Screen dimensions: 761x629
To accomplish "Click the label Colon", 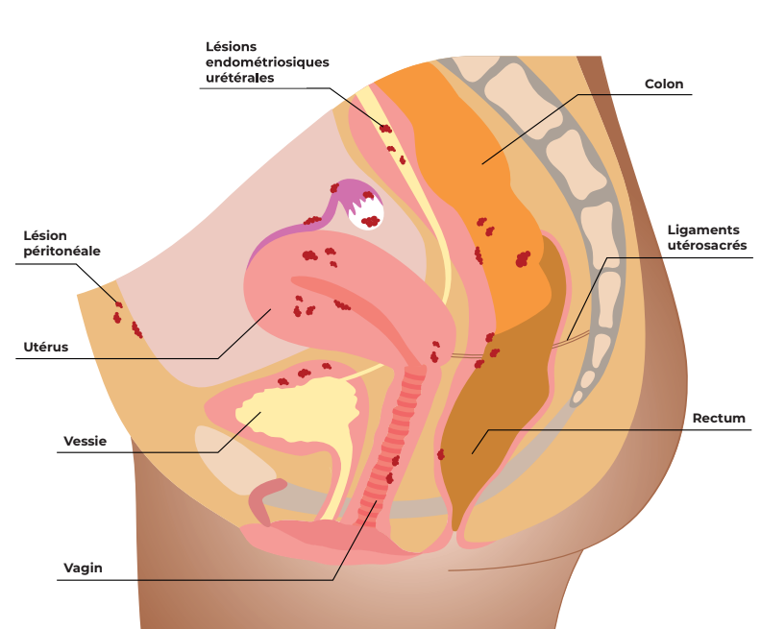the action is point(663,84).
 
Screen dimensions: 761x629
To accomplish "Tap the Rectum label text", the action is point(719,418).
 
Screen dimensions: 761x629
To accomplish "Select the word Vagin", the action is point(83,568).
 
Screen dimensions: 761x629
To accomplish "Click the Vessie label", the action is point(85,441).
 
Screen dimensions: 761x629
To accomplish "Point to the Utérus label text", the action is point(45,347).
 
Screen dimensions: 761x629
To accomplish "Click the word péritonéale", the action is point(62,252).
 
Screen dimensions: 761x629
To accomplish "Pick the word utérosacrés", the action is point(707,246).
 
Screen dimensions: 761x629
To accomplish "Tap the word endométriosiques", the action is point(267,62).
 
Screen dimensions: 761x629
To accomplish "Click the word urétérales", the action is point(240,78).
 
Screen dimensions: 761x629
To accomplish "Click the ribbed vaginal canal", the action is point(393,442).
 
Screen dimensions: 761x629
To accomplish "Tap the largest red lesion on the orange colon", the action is point(523,259).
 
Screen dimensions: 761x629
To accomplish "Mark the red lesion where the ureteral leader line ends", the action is point(385,129).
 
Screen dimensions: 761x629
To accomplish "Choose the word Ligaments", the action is point(703,230).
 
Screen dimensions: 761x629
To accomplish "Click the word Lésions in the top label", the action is point(231,46).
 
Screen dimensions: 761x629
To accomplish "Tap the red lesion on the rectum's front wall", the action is point(441,454).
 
